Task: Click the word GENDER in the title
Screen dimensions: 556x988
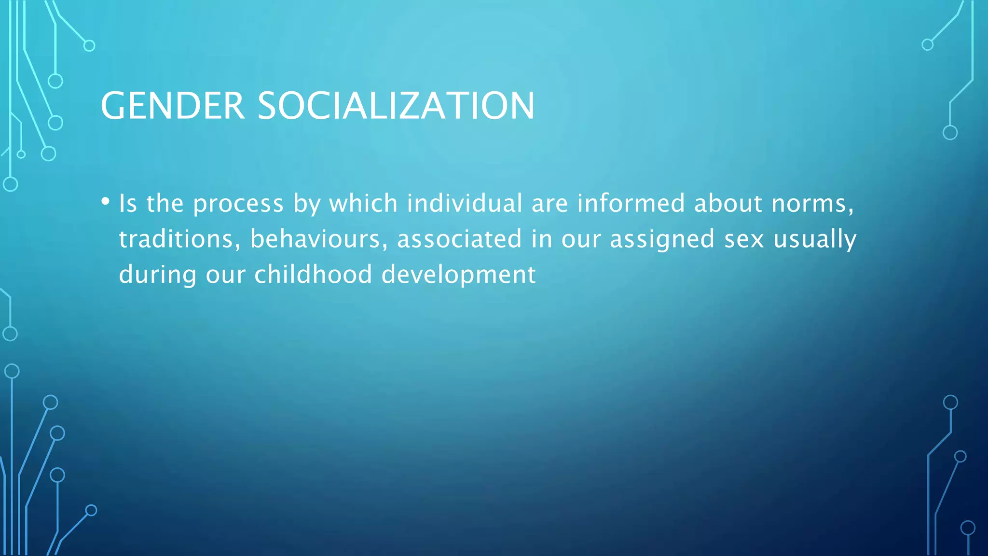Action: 172,106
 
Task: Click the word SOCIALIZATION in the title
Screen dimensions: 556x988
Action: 396,106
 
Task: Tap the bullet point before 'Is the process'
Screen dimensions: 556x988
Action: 105,201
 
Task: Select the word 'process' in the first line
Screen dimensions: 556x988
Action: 238,204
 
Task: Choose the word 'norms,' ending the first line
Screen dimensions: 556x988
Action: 812,204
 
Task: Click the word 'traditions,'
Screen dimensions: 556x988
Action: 179,239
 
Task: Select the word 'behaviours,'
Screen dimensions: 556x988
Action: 318,239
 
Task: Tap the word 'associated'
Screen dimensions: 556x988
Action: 459,239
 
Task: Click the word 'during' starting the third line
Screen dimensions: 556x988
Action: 157,275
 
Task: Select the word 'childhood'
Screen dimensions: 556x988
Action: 313,274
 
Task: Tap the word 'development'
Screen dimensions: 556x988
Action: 458,275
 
